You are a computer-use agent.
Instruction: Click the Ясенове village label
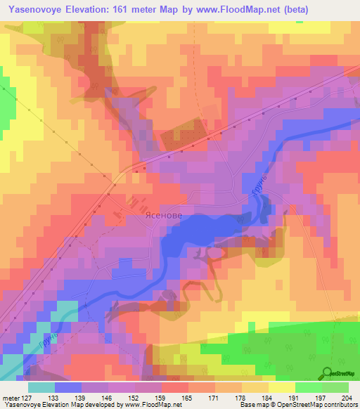(x=145, y=218)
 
